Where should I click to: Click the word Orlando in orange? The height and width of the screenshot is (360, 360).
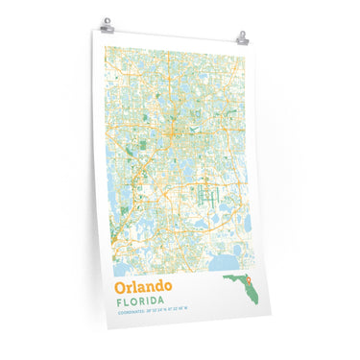click(x=143, y=286)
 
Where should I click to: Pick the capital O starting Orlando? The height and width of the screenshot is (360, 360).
click(x=120, y=286)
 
